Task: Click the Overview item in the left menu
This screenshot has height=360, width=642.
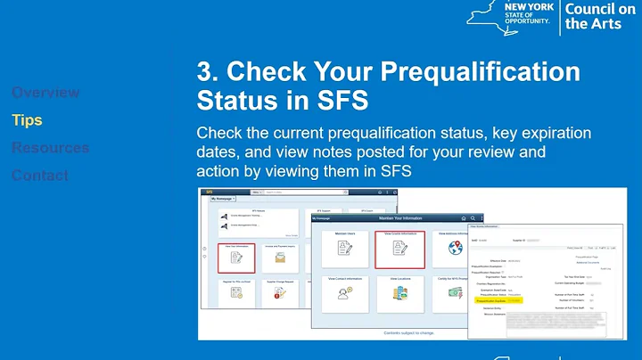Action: click(x=45, y=93)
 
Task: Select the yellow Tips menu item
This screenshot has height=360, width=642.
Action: click(x=27, y=120)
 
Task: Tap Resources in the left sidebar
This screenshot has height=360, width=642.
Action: click(x=50, y=148)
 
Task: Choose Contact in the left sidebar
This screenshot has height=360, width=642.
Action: click(x=40, y=176)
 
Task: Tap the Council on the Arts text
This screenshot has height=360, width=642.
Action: click(x=600, y=15)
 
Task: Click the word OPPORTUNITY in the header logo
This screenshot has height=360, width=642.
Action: click(x=529, y=27)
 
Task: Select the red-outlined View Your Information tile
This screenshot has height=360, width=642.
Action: click(x=236, y=258)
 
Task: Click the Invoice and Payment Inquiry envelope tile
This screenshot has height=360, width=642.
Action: click(x=280, y=258)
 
